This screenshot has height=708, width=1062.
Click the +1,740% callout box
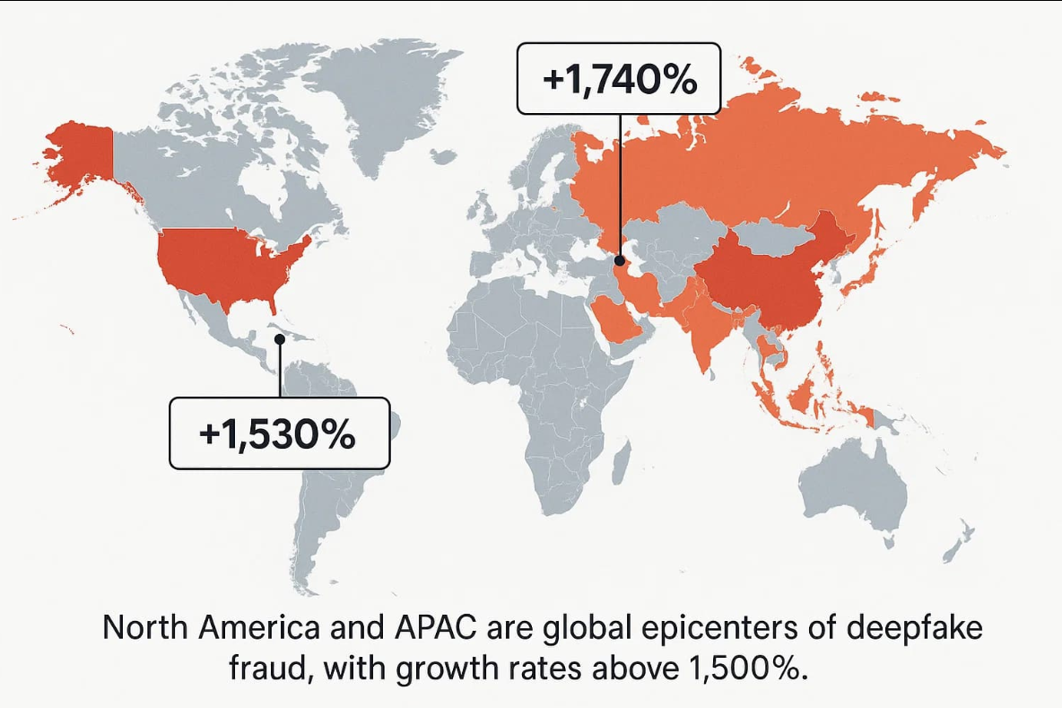620,79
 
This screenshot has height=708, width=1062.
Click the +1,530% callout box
279,433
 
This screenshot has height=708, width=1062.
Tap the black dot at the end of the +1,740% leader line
620,261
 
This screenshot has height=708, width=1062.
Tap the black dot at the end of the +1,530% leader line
280,339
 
